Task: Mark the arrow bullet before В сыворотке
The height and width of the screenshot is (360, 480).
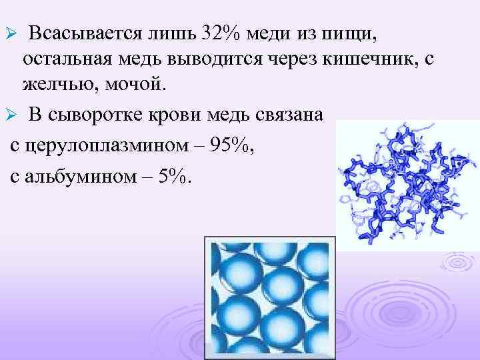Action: [x=9, y=115]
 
